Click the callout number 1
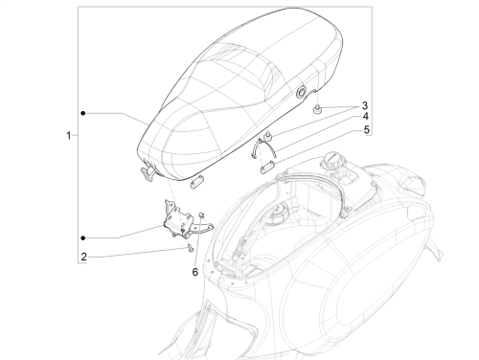[68, 135]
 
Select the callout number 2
[83, 257]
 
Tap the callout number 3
[365, 105]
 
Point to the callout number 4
[366, 117]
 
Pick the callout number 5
[366, 129]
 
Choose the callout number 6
[195, 272]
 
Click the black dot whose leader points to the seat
[83, 113]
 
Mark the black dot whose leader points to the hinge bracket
[83, 237]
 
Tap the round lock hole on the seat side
[301, 92]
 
